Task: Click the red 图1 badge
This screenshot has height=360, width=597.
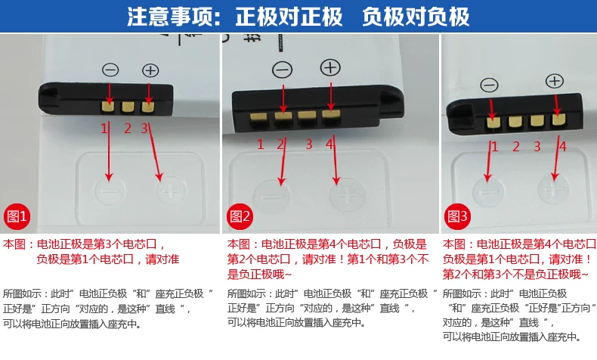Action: (17, 218)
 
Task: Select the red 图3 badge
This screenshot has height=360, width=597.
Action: (459, 218)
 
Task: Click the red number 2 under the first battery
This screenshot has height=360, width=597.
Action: (128, 129)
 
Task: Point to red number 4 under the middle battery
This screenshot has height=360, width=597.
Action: (330, 144)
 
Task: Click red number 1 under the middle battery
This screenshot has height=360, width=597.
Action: (261, 144)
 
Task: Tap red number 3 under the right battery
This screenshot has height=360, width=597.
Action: (537, 147)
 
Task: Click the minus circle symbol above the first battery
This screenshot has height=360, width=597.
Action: (110, 70)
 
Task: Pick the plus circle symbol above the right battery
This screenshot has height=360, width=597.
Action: (555, 80)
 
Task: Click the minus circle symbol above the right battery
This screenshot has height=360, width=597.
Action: (490, 85)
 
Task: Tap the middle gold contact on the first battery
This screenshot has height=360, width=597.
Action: (128, 105)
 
